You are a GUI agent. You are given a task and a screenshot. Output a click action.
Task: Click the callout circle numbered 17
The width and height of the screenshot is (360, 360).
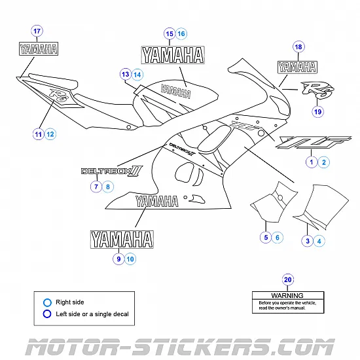(37, 31)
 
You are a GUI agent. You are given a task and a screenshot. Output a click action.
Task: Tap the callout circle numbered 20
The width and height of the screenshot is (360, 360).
(288, 280)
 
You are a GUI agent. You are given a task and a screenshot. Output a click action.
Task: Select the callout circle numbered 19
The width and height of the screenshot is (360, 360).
(318, 112)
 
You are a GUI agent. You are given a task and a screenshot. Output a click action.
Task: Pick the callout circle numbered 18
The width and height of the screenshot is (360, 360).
(298, 47)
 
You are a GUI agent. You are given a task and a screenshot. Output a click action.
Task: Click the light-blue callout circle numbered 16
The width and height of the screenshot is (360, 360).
(181, 33)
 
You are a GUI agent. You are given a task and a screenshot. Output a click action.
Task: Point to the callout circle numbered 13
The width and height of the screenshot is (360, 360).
(125, 75)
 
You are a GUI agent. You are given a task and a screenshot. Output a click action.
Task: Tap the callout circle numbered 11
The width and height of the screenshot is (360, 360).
(39, 134)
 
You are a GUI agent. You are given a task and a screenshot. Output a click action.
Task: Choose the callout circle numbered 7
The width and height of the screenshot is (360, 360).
(96, 187)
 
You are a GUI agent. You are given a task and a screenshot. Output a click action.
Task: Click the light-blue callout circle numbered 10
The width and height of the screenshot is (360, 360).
(130, 259)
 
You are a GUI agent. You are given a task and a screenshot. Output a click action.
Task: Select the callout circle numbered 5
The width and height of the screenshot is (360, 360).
(266, 237)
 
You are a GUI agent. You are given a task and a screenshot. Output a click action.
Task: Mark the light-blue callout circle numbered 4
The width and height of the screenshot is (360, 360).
(319, 241)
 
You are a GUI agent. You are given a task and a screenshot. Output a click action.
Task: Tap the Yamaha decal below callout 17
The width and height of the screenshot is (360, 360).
(37, 48)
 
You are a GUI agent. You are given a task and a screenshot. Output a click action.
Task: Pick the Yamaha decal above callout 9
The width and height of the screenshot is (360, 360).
(122, 240)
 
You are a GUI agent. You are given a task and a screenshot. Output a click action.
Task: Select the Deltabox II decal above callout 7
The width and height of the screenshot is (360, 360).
(111, 171)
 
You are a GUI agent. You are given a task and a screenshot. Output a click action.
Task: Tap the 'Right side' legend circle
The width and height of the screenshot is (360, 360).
(46, 302)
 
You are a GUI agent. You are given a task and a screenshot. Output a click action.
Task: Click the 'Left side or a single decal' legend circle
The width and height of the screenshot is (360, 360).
(46, 314)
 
